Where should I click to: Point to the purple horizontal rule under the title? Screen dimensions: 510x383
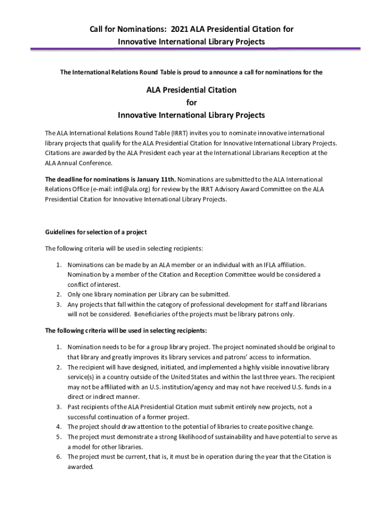pos(195,49)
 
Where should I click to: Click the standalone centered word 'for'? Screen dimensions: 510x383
pos(191,103)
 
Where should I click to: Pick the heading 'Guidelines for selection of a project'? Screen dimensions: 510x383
pos(96,232)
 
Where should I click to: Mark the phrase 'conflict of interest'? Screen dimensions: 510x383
pos(94,285)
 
